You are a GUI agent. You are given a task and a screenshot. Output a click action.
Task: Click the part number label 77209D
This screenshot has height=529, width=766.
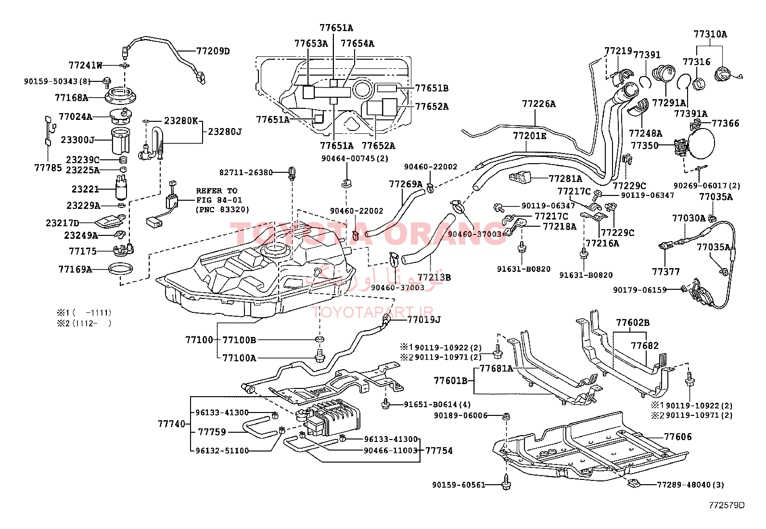(x=213, y=52)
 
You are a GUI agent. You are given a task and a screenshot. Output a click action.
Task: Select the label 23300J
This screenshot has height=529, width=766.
(x=77, y=140)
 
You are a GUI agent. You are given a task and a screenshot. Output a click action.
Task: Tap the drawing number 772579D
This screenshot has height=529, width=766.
(x=727, y=505)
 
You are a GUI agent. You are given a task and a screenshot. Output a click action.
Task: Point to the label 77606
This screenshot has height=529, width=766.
(x=678, y=437)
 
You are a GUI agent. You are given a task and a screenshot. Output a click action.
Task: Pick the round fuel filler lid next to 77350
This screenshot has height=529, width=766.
(x=701, y=143)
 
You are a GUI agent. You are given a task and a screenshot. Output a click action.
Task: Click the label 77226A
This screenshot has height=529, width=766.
(x=539, y=104)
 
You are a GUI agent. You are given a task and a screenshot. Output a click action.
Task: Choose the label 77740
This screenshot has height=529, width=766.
(x=172, y=424)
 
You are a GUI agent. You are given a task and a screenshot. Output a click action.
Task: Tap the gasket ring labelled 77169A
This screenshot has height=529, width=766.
(x=120, y=269)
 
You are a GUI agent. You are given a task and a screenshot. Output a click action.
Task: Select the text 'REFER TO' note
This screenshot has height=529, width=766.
(x=217, y=191)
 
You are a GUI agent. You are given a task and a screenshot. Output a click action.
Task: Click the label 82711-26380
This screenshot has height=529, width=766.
(x=246, y=172)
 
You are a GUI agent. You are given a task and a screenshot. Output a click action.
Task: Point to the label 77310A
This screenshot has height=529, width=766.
(x=710, y=35)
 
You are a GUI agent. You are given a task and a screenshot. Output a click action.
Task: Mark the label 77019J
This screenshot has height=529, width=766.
(x=424, y=320)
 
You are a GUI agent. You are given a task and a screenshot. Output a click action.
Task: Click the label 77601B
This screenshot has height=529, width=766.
(x=451, y=380)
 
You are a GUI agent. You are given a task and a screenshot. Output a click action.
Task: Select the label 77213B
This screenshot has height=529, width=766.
(x=434, y=278)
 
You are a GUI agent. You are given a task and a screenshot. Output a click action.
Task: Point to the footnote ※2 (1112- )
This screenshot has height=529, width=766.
(x=84, y=323)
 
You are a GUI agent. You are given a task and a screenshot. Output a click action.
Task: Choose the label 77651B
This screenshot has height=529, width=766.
(x=432, y=88)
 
